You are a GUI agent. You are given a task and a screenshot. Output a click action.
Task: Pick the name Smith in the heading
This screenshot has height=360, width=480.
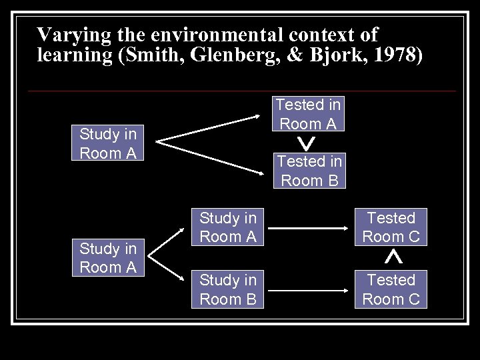pyautogui.click(x=147, y=55)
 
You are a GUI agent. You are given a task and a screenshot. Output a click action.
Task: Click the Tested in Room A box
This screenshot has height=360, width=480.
pyautogui.click(x=308, y=113)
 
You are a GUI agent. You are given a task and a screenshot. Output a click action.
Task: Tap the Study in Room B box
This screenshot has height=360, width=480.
pyautogui.click(x=228, y=289)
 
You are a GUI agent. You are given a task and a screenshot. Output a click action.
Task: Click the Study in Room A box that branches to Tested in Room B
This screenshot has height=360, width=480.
pyautogui.click(x=108, y=143)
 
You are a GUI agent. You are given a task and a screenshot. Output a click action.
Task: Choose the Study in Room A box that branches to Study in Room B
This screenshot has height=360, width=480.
pyautogui.click(x=108, y=258)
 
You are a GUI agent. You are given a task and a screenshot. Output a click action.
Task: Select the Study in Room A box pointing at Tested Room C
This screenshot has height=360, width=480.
pyautogui.click(x=228, y=227)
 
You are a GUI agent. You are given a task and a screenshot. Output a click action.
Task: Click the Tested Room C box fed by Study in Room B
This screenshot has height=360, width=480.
pyautogui.click(x=391, y=289)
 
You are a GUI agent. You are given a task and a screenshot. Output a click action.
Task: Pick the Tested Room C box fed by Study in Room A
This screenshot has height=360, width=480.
pyautogui.click(x=391, y=227)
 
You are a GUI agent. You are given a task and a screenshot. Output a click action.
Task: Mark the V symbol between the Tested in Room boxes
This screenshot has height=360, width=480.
pyautogui.click(x=308, y=142)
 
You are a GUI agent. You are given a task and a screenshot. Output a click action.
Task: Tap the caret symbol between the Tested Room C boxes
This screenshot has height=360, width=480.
pyautogui.click(x=393, y=256)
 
